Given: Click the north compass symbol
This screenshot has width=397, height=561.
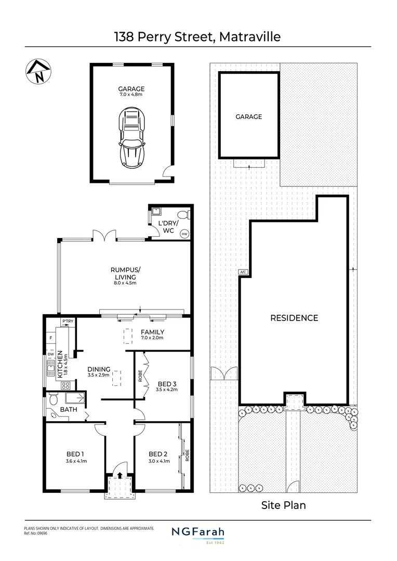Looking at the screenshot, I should coord(36,71).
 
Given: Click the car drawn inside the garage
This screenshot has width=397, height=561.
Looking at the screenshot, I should coord(131,137).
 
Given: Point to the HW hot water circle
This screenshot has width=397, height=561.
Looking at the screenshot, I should coord(184,234).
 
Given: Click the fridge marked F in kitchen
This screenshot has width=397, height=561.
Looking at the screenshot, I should coord(51,338).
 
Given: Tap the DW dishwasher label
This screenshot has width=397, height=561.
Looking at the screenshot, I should coord(51,355).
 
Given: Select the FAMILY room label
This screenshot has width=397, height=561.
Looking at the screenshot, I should coord(152,332).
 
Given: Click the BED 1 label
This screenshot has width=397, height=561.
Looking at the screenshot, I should coord(76,453).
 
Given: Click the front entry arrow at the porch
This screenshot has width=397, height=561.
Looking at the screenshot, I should coord(120,475).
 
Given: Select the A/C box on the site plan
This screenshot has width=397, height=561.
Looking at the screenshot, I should coord(243,272).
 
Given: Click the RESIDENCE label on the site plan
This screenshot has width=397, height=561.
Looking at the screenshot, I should coord(294,318).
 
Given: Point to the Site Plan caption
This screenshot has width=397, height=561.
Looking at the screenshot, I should coord(283,505).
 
